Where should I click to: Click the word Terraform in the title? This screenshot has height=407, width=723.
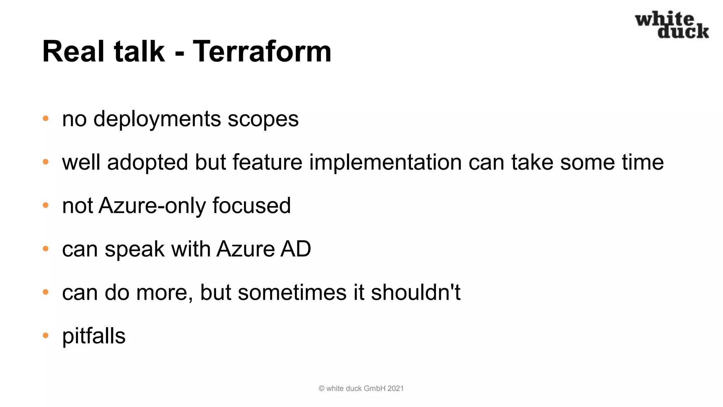pos(262,52)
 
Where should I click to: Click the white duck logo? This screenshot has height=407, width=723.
pos(672,25)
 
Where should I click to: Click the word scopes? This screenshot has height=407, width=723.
pos(263,119)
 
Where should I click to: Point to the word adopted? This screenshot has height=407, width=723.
pos(147,163)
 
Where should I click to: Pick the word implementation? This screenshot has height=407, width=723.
pos(386,163)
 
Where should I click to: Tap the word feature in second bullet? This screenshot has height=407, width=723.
pos(267,163)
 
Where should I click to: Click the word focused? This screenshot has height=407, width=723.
pos(251,206)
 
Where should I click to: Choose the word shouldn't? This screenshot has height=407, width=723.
pos(416,293)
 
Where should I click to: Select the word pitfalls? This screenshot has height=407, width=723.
pos(94,336)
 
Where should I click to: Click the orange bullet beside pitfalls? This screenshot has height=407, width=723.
pos(46,335)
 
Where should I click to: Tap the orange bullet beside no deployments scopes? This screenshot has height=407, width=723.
pos(46,118)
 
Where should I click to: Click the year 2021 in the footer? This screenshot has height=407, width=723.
pos(395,389)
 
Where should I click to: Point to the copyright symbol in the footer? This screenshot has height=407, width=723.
pos(321,389)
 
